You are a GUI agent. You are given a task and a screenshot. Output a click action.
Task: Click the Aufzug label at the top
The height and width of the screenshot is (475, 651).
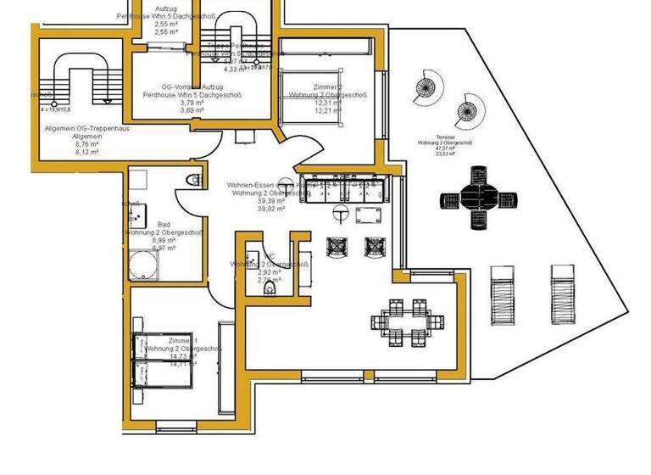[x=166, y=8]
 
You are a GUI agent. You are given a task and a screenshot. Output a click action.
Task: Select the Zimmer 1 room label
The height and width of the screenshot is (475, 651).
[x=183, y=340]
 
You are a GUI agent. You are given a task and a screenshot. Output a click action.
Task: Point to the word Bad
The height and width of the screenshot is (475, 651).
[x=163, y=224]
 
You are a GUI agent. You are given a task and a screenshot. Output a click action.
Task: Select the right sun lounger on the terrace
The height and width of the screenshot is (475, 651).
[x=564, y=293]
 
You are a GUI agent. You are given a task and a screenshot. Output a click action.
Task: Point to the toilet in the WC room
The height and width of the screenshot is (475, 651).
[x=270, y=290]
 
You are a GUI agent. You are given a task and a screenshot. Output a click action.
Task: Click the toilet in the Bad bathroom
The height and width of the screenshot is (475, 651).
[x=194, y=179]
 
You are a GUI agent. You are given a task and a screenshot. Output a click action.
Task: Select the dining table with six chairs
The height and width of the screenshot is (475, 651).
[x=403, y=322]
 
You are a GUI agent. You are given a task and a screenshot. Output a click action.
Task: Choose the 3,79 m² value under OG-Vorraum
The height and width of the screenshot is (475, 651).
[x=192, y=103]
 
